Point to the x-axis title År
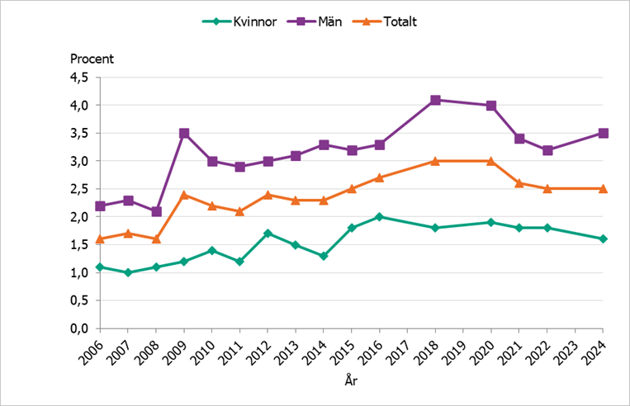[351, 382]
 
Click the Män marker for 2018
[435, 100]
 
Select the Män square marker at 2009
[184, 133]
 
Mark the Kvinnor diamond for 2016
[379, 217]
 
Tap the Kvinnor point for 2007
[128, 272]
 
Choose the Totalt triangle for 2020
[491, 161]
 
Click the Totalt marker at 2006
[100, 238]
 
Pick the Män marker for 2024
[604, 133]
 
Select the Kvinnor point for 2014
[323, 256]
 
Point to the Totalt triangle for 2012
[268, 195]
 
